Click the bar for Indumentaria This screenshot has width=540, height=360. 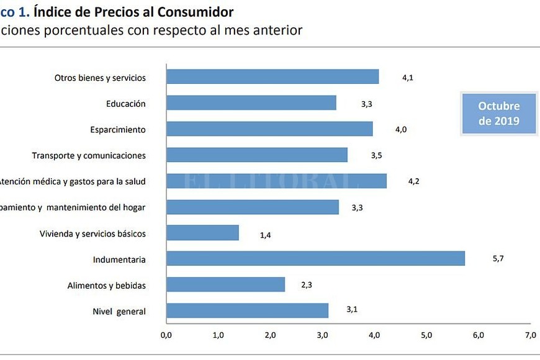[315, 258]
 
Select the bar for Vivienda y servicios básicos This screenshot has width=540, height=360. [202, 233]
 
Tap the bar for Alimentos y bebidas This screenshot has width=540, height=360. [225, 284]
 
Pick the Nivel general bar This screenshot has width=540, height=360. [247, 310]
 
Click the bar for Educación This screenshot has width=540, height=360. [251, 103]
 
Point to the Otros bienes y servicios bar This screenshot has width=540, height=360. [272, 77]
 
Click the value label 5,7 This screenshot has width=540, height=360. [498, 259]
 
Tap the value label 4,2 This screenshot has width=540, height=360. [414, 181]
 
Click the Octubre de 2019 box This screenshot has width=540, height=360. [498, 113]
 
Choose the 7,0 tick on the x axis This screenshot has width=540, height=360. [530, 335]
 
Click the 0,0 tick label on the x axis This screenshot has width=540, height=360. [166, 335]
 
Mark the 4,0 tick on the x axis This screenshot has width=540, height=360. [374, 335]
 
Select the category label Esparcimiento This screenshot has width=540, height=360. [117, 130]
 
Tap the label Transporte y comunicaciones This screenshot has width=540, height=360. [89, 155]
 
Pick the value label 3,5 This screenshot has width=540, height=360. [376, 156]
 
